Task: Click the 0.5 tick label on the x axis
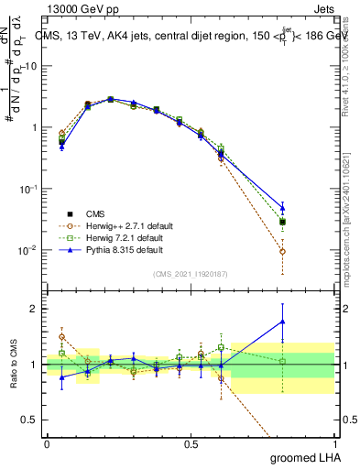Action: pyautogui.click(x=191, y=444)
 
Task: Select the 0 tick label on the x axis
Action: pyautogui.click(x=47, y=444)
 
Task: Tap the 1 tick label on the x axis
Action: pyautogui.click(x=334, y=444)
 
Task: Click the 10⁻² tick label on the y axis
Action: pyautogui.click(x=28, y=250)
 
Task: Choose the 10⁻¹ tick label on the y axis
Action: pyautogui.click(x=28, y=189)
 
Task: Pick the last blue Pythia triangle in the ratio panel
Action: pyautogui.click(x=282, y=322)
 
